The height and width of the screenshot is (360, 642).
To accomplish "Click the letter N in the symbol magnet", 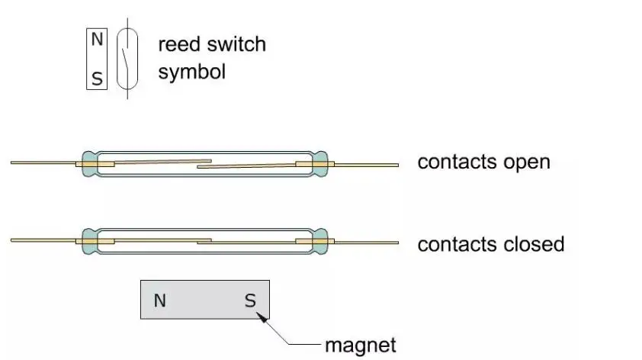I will point(97,40).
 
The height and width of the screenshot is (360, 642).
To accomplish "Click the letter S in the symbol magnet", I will point(97,78).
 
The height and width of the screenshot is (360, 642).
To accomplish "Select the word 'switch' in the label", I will point(238,44).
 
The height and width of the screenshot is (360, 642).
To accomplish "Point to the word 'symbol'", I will point(191,72).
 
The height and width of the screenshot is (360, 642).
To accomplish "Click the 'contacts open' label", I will point(483,162).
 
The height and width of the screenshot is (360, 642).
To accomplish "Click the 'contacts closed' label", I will point(490,244).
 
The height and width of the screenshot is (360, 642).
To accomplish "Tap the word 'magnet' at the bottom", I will point(361,345).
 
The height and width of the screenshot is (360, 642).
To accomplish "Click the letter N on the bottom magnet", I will point(159,301).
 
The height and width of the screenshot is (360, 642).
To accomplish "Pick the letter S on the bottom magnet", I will point(250,301).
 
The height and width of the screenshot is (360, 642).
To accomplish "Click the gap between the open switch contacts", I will point(204,163).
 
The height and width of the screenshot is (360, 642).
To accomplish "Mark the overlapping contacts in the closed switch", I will point(204,241).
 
